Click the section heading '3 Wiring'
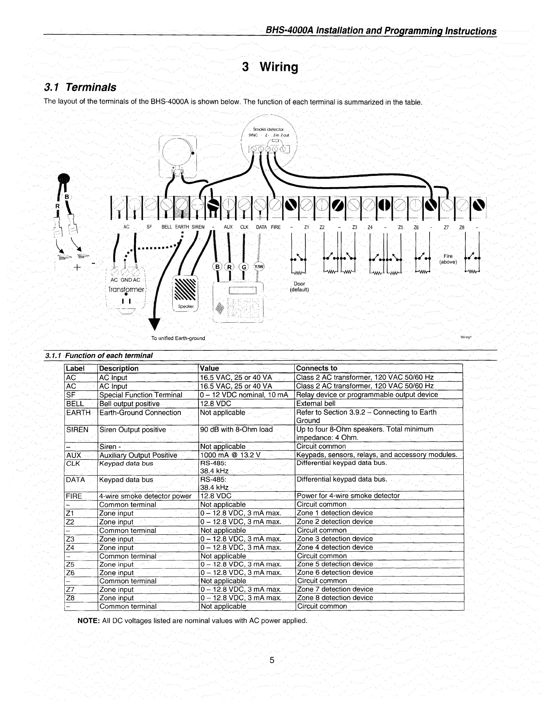pyautogui.click(x=270, y=67)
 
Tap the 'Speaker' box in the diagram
pyautogui.click(x=185, y=293)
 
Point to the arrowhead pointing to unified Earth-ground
pyautogui.click(x=155, y=324)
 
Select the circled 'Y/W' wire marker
pyautogui.click(x=259, y=267)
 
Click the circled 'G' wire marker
pyautogui.click(x=244, y=267)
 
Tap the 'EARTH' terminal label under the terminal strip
pyautogui.click(x=182, y=227)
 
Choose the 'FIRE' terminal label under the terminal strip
pyautogui.click(x=276, y=227)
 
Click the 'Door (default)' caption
pyautogui.click(x=299, y=287)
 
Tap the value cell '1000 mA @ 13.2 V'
pyautogui.click(x=230, y=455)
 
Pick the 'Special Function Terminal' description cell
pyautogui.click(x=141, y=395)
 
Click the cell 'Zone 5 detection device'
pyautogui.click(x=335, y=564)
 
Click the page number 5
pyautogui.click(x=272, y=660)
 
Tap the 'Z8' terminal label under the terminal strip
pyautogui.click(x=462, y=227)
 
